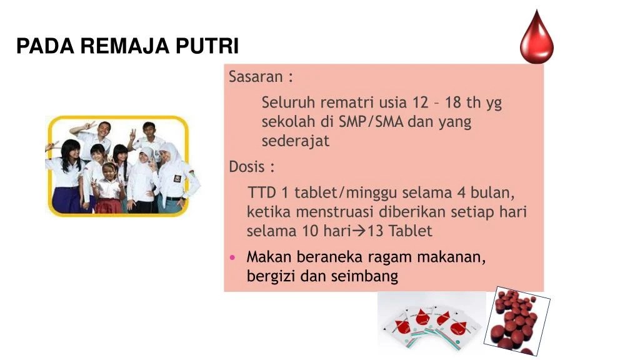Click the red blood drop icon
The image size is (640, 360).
[x=537, y=39]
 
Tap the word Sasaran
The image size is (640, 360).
[x=256, y=77]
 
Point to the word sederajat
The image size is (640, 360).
[x=295, y=141]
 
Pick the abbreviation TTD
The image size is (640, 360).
[x=261, y=191]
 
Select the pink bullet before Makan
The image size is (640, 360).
[x=232, y=257]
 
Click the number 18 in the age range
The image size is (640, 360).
[x=454, y=102]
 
